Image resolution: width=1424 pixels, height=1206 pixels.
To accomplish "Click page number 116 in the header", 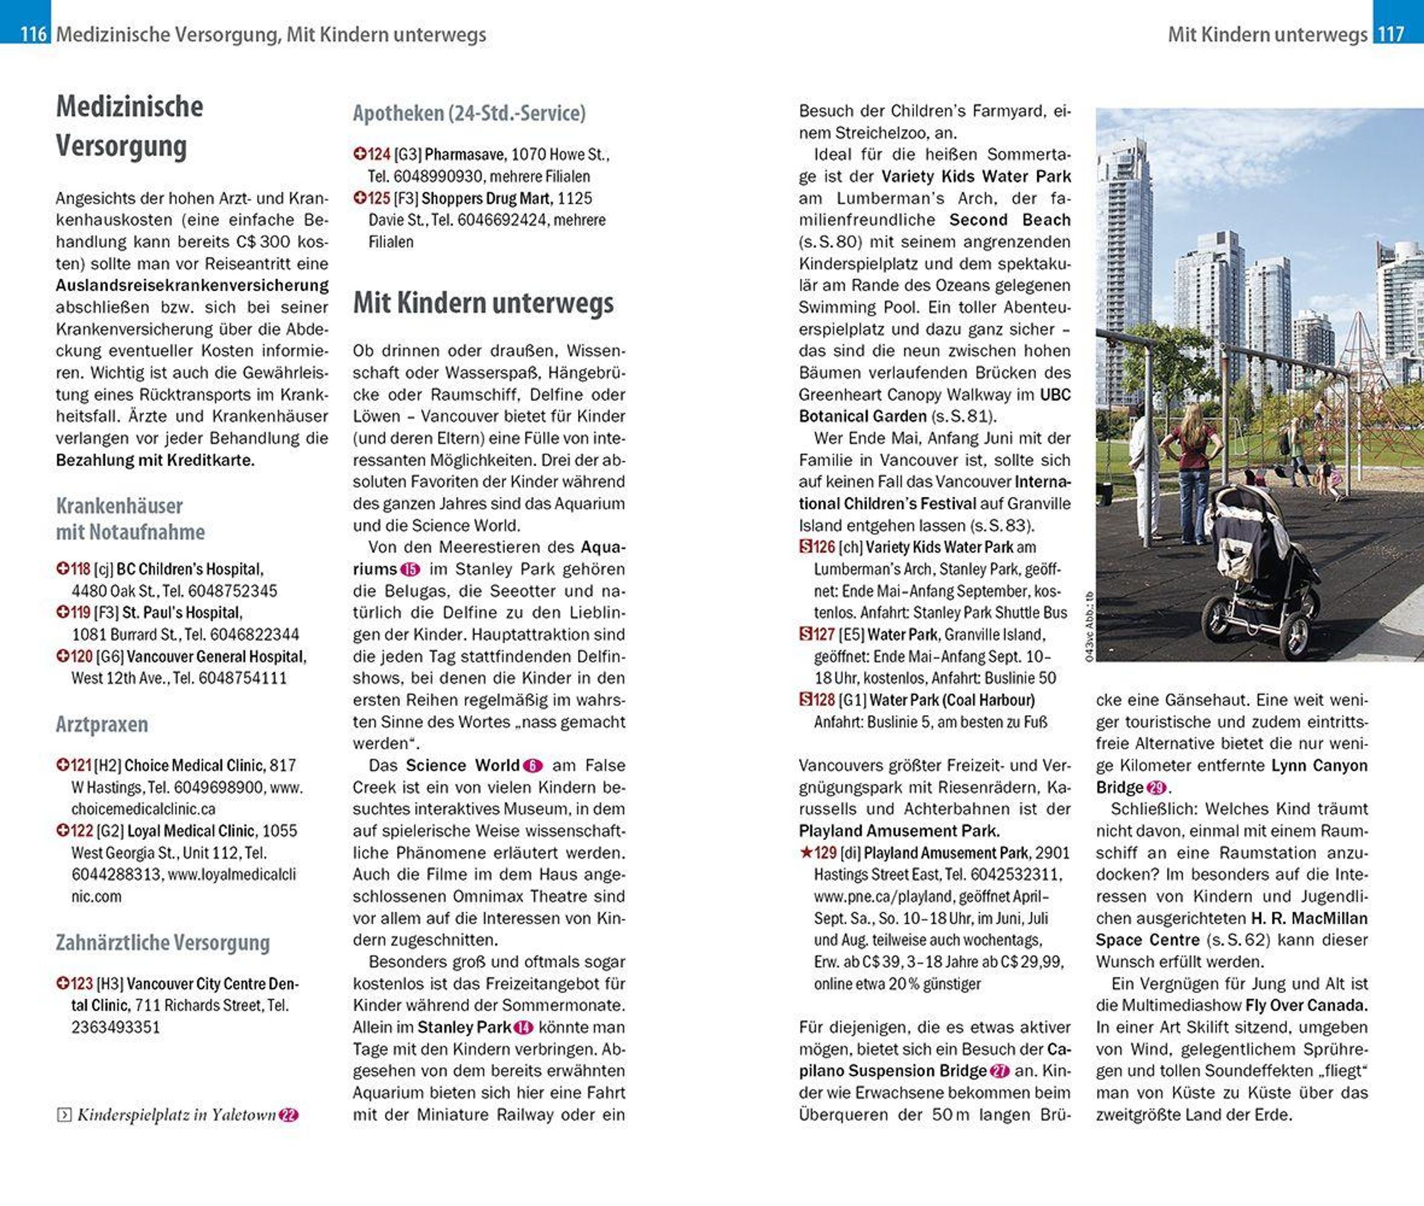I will coord(33,33).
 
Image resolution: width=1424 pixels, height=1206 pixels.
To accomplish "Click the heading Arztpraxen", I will coord(102,724).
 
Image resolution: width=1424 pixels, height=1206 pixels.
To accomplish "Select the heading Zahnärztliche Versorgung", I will coord(163,942).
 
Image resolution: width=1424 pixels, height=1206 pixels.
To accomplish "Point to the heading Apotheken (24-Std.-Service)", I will coord(469,113).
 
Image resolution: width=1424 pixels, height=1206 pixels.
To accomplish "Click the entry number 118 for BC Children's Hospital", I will coord(81,569).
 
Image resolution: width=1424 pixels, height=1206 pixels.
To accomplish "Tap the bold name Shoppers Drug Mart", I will coord(485,198).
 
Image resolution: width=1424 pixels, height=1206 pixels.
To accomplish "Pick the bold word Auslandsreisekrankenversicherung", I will coord(192,285).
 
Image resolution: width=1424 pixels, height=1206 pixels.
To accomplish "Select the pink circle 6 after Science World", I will coord(533,765).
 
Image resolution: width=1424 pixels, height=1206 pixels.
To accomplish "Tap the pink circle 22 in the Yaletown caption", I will coord(288,1115).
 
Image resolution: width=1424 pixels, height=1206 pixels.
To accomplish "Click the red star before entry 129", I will coord(806,853).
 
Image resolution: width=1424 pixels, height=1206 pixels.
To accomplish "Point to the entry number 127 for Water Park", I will coord(824,634).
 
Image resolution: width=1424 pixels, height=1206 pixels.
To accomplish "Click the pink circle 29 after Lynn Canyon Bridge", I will coord(1156,787).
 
